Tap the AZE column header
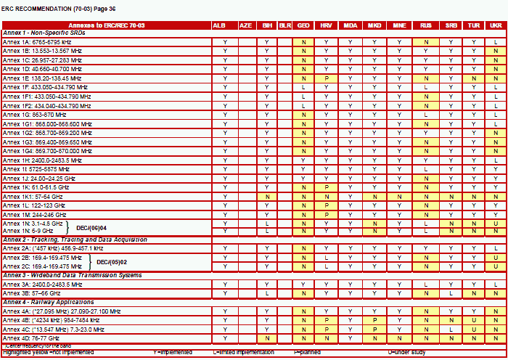(246, 25)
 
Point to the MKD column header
(374, 25)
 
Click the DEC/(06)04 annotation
(92, 227)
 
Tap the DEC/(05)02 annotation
(112, 261)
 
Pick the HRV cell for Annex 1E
(327, 78)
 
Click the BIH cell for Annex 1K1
(268, 196)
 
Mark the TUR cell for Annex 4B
(473, 319)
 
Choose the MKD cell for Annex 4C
(374, 329)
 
